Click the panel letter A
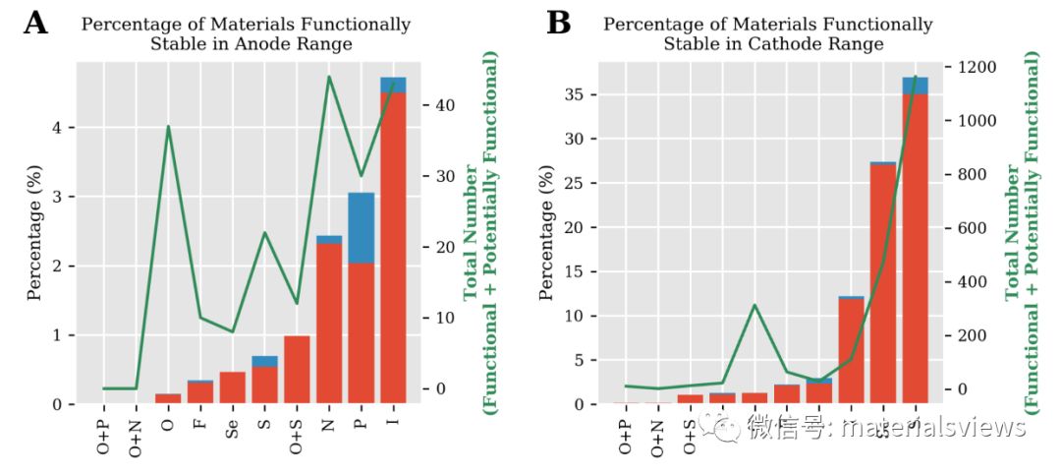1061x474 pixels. [35, 23]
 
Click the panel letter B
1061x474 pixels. [558, 23]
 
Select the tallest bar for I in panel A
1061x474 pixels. [393, 246]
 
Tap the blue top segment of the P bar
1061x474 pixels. [362, 227]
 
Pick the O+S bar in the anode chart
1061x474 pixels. [297, 370]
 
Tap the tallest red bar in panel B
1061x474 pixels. [916, 246]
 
